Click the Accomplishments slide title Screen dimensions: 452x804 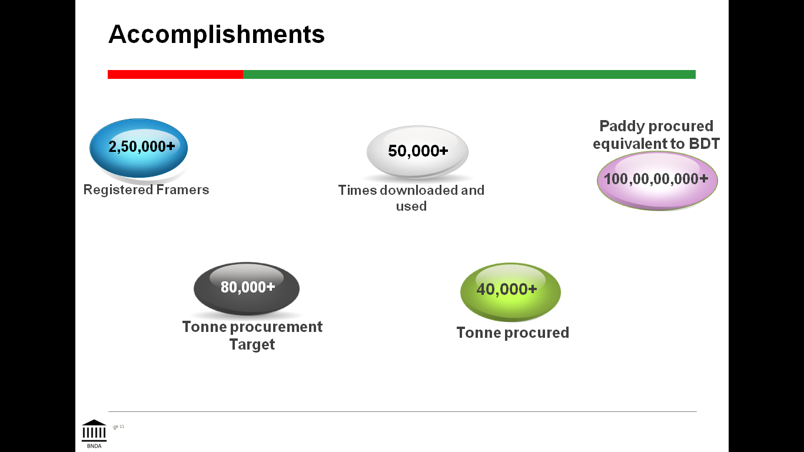click(216, 34)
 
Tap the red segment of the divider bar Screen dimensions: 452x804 click(175, 74)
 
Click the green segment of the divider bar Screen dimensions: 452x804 click(469, 74)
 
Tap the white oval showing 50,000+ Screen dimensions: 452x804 click(417, 151)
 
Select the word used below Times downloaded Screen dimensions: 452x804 click(411, 206)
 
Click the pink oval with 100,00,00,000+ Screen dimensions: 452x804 click(657, 180)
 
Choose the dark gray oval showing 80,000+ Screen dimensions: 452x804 click(247, 288)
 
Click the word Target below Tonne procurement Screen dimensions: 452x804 click(252, 344)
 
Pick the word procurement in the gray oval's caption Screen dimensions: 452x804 click(274, 327)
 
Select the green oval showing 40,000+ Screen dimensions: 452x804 click(510, 291)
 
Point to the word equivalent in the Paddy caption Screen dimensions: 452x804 click(630, 144)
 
